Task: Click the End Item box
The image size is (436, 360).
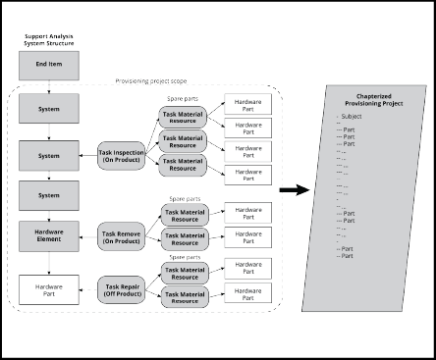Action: [48, 65]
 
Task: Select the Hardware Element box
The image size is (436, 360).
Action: [48, 234]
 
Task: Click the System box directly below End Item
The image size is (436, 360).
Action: [48, 110]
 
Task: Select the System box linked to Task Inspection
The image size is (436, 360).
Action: [48, 154]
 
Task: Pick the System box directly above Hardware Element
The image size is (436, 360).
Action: [48, 195]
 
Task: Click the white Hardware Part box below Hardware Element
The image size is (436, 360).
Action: [48, 289]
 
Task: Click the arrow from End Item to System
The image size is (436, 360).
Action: [48, 86]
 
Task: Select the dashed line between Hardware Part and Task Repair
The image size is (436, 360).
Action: [86, 289]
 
